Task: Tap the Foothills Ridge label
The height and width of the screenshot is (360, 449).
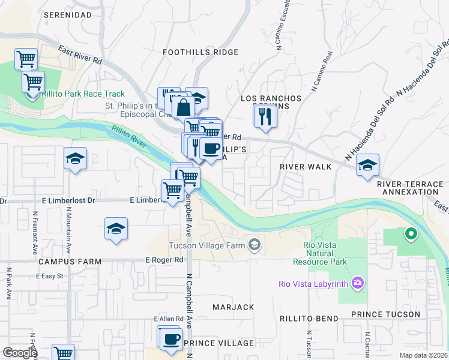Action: [200, 52]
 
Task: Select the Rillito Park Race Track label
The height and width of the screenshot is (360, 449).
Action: [83, 94]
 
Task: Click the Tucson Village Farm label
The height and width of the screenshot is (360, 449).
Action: [206, 244]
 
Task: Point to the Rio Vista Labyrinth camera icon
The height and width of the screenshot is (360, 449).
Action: [358, 283]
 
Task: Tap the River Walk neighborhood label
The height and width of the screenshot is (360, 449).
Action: [306, 166]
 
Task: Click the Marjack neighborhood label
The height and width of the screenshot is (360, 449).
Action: [233, 307]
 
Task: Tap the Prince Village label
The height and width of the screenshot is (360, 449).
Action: [218, 343]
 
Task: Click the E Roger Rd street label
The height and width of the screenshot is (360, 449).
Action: [164, 260]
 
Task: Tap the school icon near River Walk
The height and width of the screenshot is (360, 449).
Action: [367, 165]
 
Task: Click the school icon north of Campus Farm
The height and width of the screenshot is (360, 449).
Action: [116, 229]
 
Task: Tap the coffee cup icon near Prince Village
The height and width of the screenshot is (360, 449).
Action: [172, 338]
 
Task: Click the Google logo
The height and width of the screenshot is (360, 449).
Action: [19, 353]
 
